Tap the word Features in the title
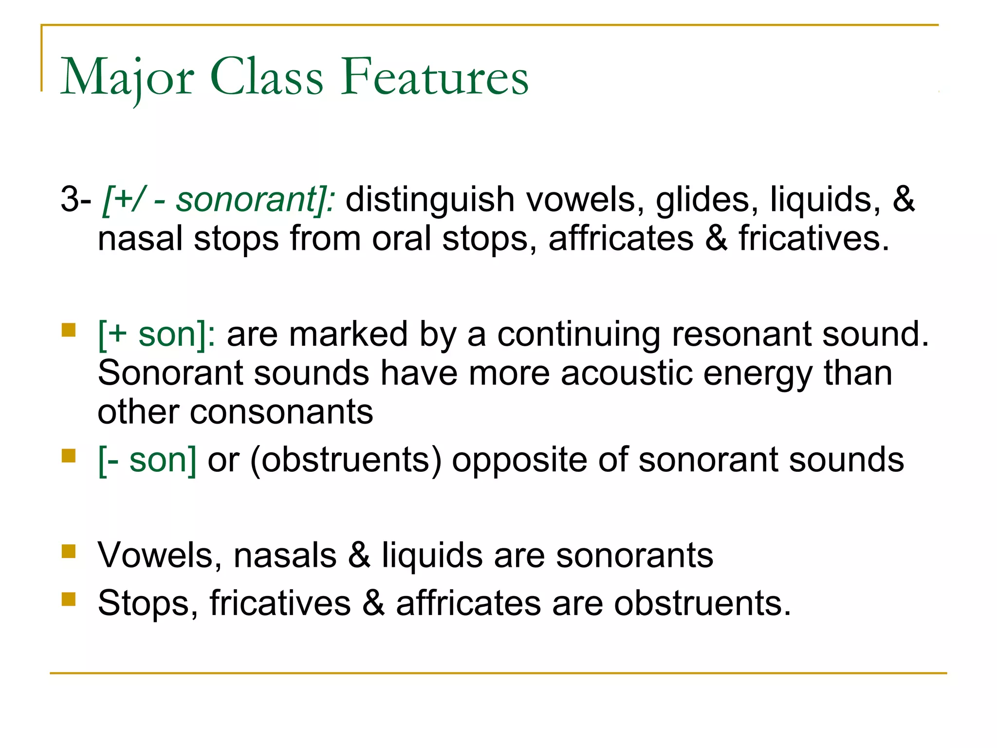[x=434, y=77]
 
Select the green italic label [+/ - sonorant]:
[x=219, y=200]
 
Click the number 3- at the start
[x=75, y=200]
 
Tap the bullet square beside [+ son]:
[x=69, y=331]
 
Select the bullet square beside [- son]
[x=69, y=456]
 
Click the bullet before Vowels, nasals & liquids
[x=69, y=551]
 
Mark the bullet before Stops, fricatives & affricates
[x=69, y=599]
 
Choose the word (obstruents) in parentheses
[x=346, y=460]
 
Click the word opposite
[x=519, y=461]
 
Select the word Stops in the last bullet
[x=148, y=603]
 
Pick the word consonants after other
[x=281, y=412]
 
